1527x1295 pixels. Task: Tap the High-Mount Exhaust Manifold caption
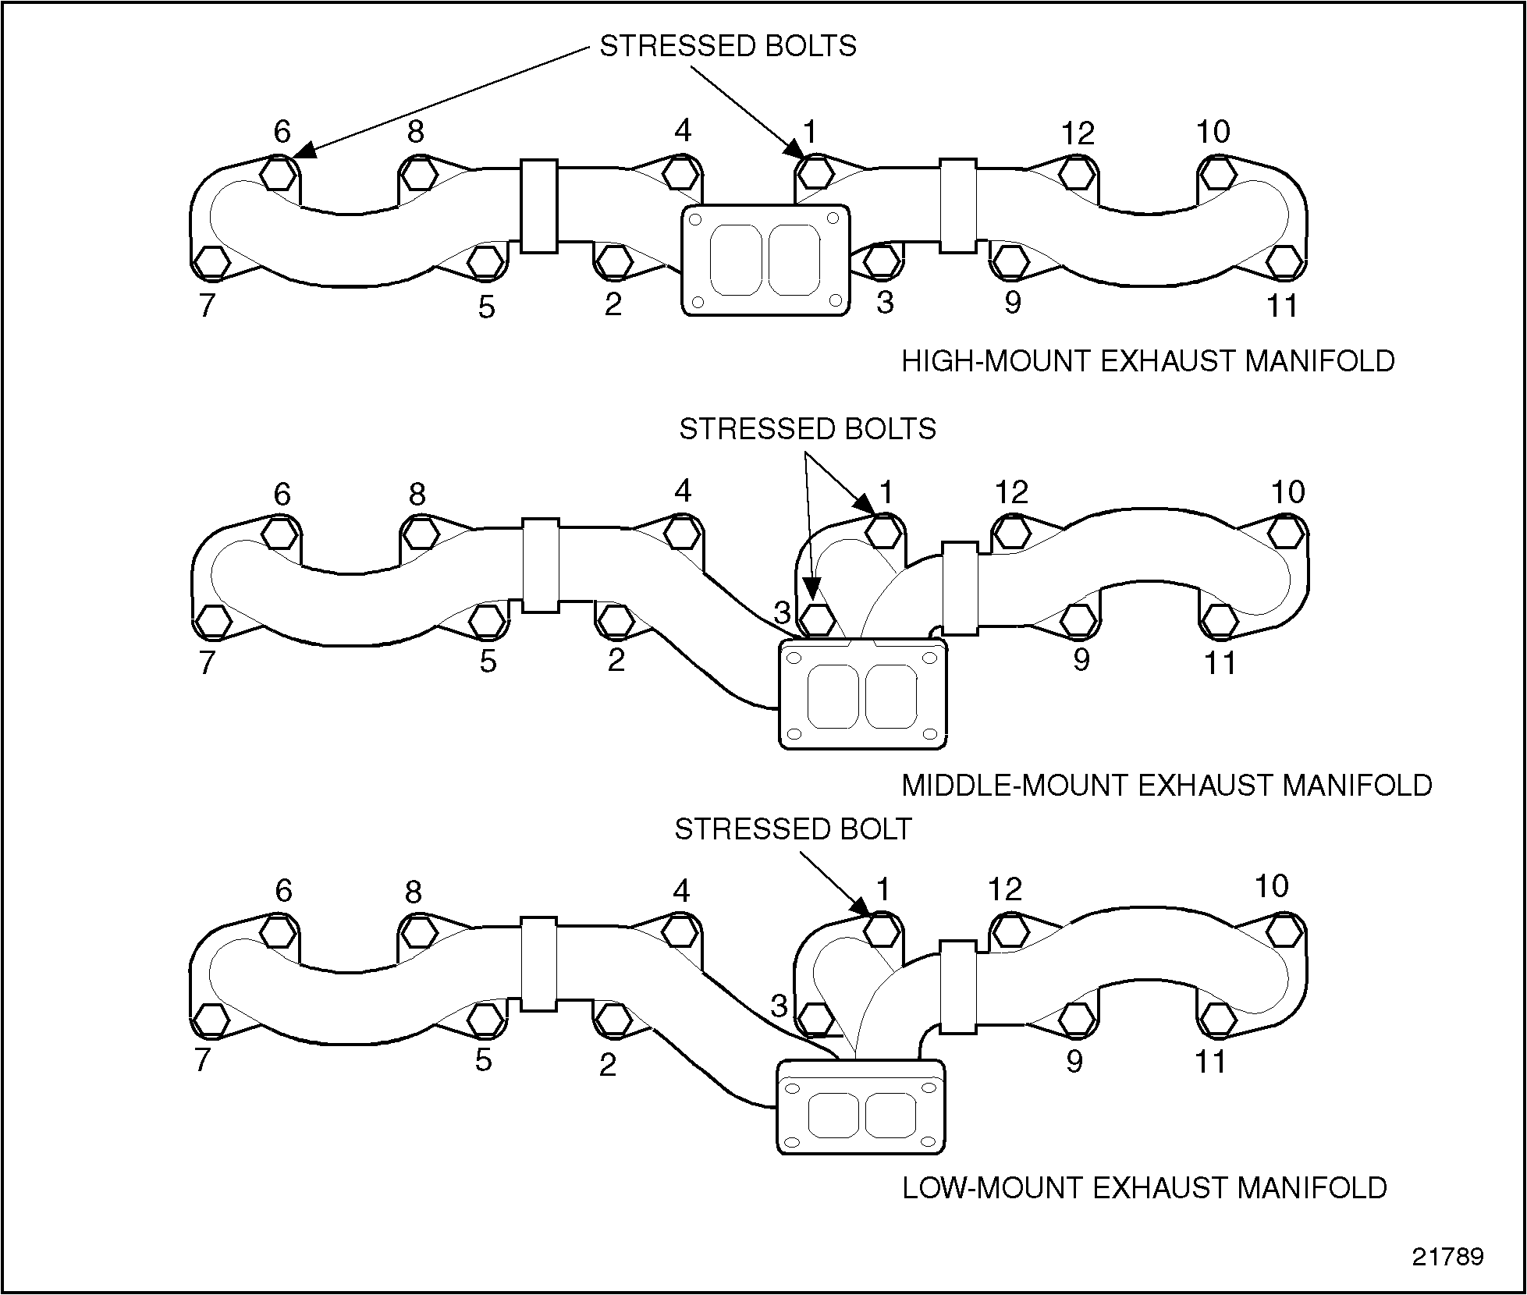[x=1148, y=361]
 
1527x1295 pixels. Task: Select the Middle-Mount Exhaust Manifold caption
[x=1167, y=785]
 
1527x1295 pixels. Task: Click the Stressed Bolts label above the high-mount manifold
[x=727, y=46]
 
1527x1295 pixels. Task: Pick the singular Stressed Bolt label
[x=793, y=829]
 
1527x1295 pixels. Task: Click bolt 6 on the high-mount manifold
[x=278, y=173]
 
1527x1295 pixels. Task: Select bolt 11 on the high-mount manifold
[x=1284, y=262]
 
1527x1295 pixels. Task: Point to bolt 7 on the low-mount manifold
[x=211, y=1019]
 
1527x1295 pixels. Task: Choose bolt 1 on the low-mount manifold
[x=882, y=930]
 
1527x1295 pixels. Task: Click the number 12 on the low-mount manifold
[x=1004, y=889]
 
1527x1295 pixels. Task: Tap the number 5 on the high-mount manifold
[x=486, y=307]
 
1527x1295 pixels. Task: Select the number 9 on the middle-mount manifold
[x=1081, y=660]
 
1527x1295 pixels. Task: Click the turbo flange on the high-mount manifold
[x=765, y=261]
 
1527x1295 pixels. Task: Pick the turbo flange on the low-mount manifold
[x=861, y=1106]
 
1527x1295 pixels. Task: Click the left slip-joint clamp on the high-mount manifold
[x=538, y=206]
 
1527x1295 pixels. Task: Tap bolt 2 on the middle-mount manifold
[x=616, y=620]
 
